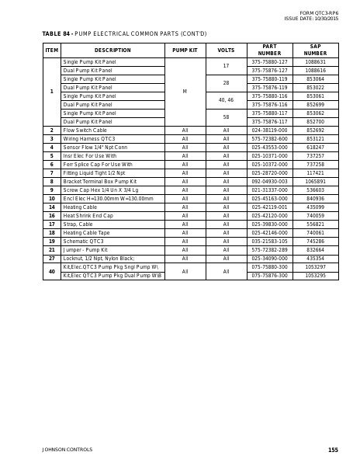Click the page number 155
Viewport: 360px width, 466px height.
coord(333,450)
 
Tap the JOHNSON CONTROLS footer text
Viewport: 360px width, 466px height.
coord(67,450)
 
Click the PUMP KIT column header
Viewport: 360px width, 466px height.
coord(185,50)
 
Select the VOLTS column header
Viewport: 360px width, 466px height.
coord(226,50)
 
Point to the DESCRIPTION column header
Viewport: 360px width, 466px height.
coord(112,50)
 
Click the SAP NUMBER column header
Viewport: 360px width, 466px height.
coord(315,50)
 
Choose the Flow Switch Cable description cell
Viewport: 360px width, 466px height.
coord(85,130)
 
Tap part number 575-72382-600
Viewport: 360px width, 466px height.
coord(269,139)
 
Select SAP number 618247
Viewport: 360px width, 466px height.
coord(315,148)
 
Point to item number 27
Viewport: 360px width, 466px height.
coord(52,258)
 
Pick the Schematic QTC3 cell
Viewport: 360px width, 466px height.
coord(83,241)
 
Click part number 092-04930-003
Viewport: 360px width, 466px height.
coord(269,181)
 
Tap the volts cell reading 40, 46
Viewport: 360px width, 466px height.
coord(226,100)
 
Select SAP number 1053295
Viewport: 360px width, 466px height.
coord(315,275)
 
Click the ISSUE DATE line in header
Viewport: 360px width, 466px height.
coord(311,18)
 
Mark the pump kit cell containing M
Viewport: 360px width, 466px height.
coord(185,92)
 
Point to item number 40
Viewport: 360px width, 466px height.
coord(52,271)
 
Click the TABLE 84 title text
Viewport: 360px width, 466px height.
coord(124,33)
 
